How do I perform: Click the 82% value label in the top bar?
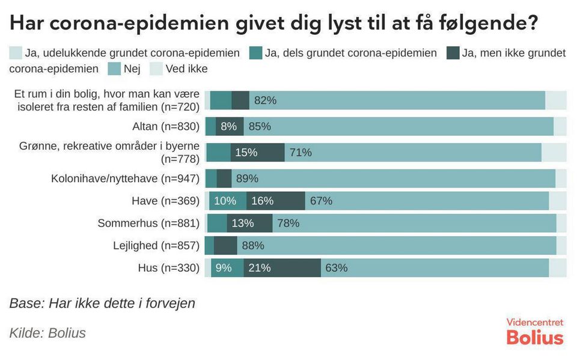265,100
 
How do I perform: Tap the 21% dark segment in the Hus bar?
282,267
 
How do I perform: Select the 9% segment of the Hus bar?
227,267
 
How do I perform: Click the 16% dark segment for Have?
276,201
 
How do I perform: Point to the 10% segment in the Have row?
228,201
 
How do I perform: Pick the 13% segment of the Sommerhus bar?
249,223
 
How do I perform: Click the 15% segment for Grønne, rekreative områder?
258,152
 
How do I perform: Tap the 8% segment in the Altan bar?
230,126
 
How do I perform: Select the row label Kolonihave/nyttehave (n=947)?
125,178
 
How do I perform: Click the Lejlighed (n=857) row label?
156,246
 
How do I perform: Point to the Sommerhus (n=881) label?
148,223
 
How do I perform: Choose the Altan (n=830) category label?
166,126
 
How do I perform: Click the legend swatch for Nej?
114,69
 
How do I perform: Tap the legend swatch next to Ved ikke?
156,69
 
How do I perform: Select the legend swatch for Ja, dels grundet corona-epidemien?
256,53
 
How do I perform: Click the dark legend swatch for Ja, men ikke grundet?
453,53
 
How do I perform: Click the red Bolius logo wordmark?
535,338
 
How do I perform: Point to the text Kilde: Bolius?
47,333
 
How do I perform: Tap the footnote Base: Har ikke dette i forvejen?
102,304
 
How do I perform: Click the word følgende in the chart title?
488,23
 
